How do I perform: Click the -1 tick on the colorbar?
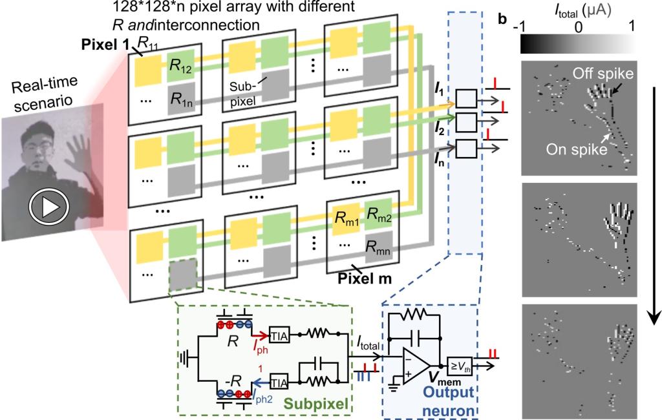pyautogui.click(x=525, y=28)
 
